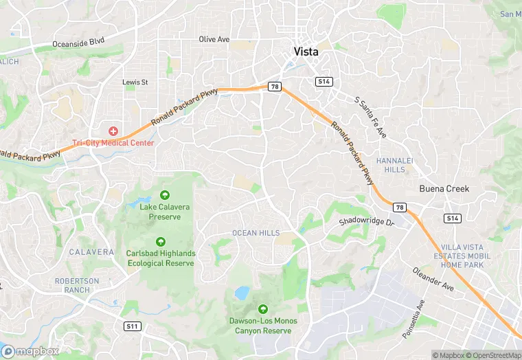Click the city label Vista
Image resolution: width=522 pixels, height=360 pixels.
point(306,51)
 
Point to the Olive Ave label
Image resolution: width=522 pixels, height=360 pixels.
point(214,39)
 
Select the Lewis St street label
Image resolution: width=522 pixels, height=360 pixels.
point(135,82)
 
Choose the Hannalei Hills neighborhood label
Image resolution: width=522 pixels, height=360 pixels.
point(394,165)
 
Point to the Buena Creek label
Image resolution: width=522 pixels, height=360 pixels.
point(444,188)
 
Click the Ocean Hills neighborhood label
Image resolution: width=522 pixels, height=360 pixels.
point(256,233)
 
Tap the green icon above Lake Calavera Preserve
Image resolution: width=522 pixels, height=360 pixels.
point(164,195)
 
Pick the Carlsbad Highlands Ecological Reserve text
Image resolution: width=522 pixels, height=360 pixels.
point(161,258)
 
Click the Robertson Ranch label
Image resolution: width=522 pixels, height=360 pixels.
point(77,286)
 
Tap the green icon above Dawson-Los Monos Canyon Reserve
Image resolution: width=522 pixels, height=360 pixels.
point(262,310)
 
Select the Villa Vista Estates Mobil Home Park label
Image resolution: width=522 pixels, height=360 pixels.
point(462,256)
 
